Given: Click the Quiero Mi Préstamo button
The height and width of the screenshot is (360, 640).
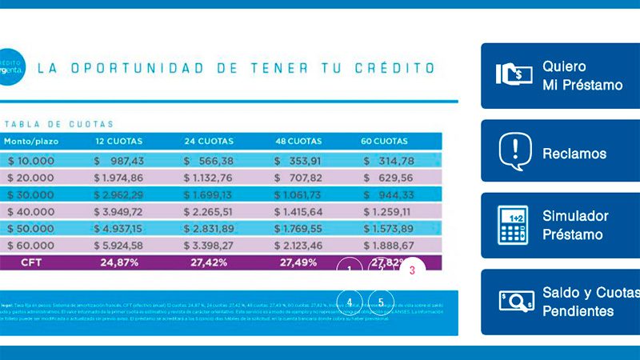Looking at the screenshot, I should (560, 75).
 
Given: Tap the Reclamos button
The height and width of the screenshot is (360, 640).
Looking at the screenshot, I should (560, 151).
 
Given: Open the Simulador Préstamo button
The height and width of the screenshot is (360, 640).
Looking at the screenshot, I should (560, 225).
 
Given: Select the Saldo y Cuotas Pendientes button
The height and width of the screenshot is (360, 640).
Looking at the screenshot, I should (560, 301).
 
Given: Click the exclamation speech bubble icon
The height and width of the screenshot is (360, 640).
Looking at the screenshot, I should (514, 151).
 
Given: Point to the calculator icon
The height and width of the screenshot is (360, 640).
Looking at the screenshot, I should (514, 225).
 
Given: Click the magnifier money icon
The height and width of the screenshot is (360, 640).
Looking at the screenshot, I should (516, 301).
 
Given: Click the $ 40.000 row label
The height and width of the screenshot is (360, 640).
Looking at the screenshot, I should (30, 211).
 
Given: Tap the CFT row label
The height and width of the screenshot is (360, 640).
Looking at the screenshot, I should (30, 262).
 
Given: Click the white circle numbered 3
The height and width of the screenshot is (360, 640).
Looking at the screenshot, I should (412, 270).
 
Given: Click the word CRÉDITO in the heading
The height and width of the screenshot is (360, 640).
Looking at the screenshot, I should (393, 68).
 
